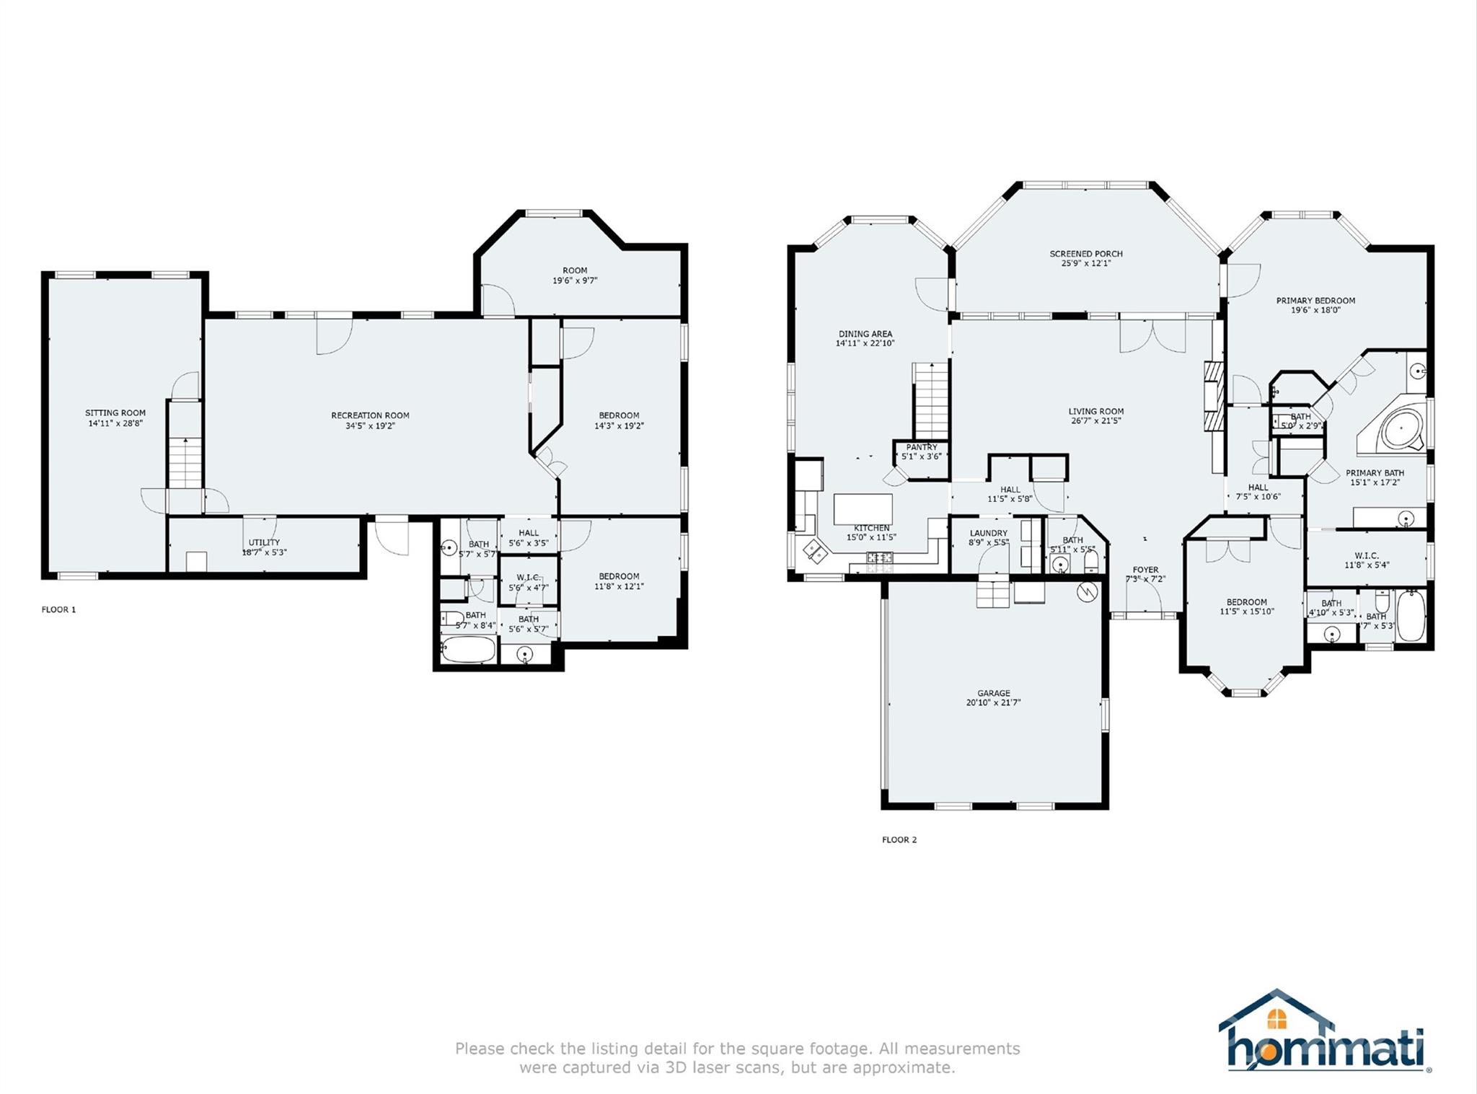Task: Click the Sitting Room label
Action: pyautogui.click(x=115, y=413)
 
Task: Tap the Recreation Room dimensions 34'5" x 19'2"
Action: pyautogui.click(x=370, y=426)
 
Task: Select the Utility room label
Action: pyautogui.click(x=264, y=542)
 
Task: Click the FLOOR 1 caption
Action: pyautogui.click(x=58, y=609)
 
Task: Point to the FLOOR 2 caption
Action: pyautogui.click(x=899, y=839)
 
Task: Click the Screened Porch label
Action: pyautogui.click(x=1086, y=254)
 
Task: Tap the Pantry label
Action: pyautogui.click(x=922, y=447)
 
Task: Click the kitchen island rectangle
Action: pyautogui.click(x=863, y=509)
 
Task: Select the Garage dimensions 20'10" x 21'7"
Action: pyautogui.click(x=994, y=702)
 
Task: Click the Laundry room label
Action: pyautogui.click(x=989, y=533)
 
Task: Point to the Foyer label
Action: pyautogui.click(x=1145, y=570)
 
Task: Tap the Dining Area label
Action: pyautogui.click(x=865, y=334)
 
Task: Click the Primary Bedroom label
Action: pyautogui.click(x=1315, y=301)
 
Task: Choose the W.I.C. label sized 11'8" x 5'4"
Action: pyautogui.click(x=1366, y=556)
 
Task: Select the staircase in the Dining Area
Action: pyautogui.click(x=930, y=401)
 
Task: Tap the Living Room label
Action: pyautogui.click(x=1096, y=411)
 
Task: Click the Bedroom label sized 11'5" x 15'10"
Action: pyautogui.click(x=1247, y=602)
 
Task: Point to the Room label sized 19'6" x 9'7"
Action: pyautogui.click(x=575, y=270)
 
